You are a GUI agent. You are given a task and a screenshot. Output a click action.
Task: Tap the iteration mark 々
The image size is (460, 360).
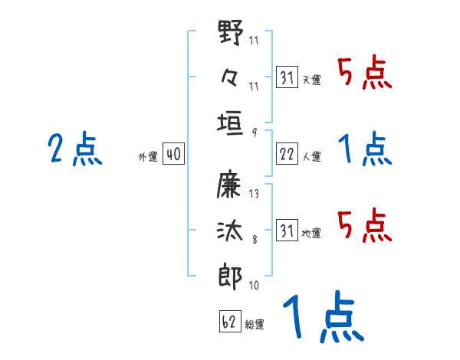click(230, 77)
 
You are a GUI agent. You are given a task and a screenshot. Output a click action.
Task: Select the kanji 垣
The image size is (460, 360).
click(231, 123)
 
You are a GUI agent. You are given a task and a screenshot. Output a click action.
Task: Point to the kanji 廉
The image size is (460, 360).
click(231, 185)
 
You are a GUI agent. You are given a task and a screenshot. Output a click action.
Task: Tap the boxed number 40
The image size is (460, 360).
click(172, 154)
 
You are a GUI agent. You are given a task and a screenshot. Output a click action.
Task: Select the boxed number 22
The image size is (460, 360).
click(287, 154)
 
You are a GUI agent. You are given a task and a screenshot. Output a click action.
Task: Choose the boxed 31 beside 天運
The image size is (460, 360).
click(287, 77)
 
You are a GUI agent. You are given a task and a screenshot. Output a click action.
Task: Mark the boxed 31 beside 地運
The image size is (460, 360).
click(287, 231)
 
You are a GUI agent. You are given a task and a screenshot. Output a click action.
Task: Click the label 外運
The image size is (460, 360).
click(148, 156)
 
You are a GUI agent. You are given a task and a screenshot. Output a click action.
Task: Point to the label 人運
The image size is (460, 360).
click(311, 156)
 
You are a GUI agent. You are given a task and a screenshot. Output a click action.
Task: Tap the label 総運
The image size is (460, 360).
click(255, 324)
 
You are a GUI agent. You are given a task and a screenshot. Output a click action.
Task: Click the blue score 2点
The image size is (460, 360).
click(74, 149)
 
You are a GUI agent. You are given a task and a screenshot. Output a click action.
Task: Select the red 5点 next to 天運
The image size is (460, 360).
click(365, 74)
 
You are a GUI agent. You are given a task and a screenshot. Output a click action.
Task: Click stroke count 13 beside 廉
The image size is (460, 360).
click(254, 194)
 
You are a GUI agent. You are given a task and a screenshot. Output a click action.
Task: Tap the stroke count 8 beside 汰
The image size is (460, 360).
click(254, 240)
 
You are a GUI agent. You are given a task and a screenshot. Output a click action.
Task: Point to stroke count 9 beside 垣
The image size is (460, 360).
click(254, 132)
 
